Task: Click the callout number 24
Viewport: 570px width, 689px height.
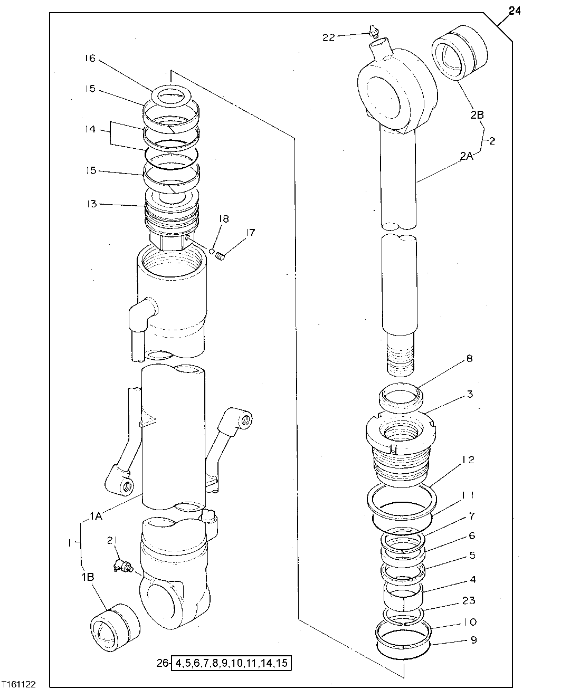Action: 515,11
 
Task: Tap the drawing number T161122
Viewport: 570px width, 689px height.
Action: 18,684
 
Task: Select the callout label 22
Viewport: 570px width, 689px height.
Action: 329,37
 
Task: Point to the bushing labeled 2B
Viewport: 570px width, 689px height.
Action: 458,54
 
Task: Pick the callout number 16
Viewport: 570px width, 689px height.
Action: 89,59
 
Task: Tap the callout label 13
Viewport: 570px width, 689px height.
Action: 92,204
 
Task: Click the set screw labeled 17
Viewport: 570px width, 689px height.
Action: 221,256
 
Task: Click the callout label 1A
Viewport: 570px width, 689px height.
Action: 96,516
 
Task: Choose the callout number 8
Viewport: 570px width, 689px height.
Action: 469,359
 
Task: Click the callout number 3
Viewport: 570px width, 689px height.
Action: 469,394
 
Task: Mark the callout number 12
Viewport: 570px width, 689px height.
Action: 469,460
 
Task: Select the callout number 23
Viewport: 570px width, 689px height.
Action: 469,600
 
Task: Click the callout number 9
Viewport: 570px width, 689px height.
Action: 473,640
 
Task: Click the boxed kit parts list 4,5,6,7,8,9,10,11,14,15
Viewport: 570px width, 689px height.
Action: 231,663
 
